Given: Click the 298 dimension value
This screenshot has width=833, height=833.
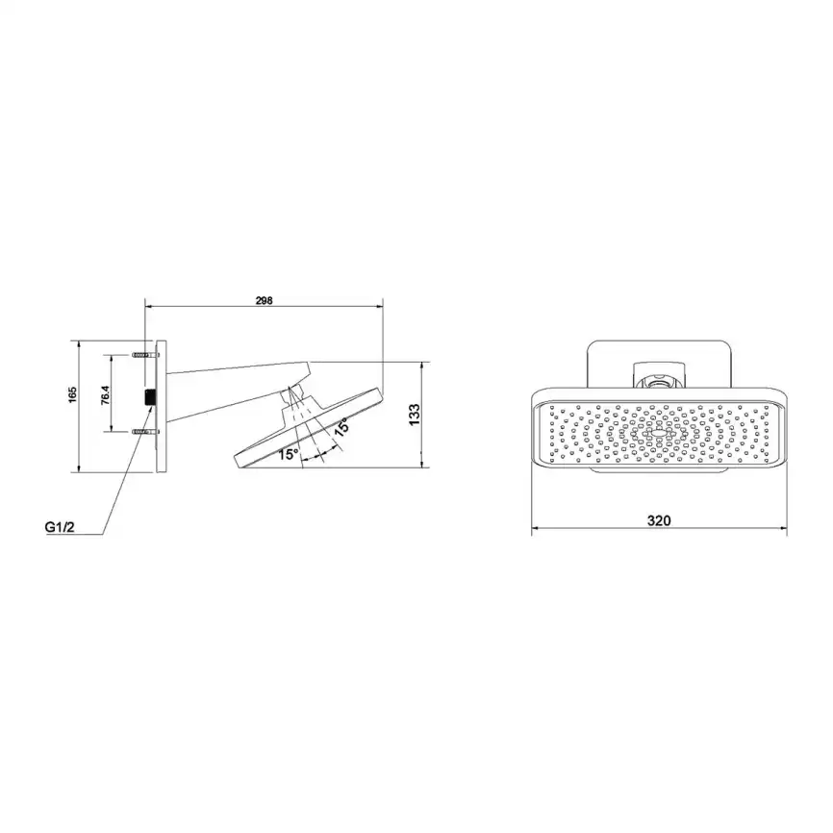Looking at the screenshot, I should [x=265, y=300].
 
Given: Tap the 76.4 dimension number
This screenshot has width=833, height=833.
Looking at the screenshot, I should [x=107, y=394].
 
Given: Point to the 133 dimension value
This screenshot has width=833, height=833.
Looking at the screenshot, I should [x=415, y=415].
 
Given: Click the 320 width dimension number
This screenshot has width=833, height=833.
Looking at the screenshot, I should [x=659, y=520].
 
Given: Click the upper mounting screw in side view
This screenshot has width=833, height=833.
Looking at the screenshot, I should [x=142, y=355].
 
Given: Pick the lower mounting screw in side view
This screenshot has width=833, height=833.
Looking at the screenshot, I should [x=142, y=434].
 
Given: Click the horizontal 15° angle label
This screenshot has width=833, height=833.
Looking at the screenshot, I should [x=289, y=454].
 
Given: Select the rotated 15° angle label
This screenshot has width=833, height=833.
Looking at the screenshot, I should [x=341, y=427].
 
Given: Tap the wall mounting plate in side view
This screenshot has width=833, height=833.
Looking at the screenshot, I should [x=162, y=405].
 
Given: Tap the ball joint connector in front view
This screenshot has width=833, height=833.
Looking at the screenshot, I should [x=659, y=378].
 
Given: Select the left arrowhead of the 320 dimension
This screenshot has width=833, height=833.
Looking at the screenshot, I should [x=536, y=529].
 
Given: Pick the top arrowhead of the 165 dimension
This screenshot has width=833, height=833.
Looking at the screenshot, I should [x=77, y=342].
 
